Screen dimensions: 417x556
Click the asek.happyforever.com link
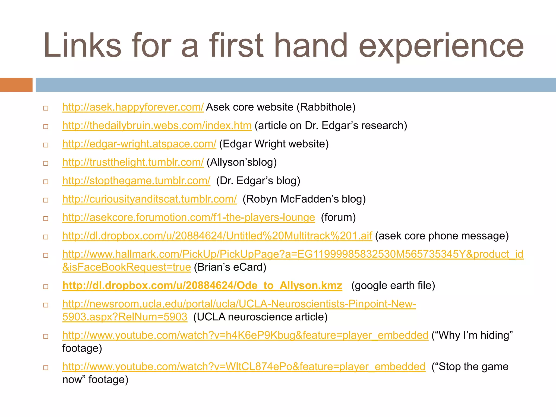[x=133, y=107]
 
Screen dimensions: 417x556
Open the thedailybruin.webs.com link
[x=157, y=126]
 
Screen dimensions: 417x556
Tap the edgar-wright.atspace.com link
[x=139, y=144]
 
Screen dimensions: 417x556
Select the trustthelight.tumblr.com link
[x=133, y=162]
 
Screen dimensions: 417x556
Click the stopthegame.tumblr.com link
[x=136, y=181]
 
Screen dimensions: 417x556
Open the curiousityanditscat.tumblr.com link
[x=149, y=199]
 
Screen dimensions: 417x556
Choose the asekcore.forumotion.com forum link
[x=188, y=217]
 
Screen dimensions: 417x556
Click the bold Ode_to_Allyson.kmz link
[x=202, y=286]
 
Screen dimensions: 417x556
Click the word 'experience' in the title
[x=441, y=46]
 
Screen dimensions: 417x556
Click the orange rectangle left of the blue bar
[x=16, y=85]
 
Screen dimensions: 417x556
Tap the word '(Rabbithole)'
[x=326, y=107]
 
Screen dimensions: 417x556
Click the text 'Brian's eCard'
[x=230, y=267]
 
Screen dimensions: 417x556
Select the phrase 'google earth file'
[x=393, y=286]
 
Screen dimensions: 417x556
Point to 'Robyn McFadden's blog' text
[x=304, y=199]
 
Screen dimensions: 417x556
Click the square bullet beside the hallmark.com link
[x=46, y=255]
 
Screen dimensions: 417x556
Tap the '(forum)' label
[x=338, y=217]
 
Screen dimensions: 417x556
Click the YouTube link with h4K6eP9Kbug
[x=245, y=335]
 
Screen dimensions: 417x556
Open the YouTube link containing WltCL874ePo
[x=244, y=367]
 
